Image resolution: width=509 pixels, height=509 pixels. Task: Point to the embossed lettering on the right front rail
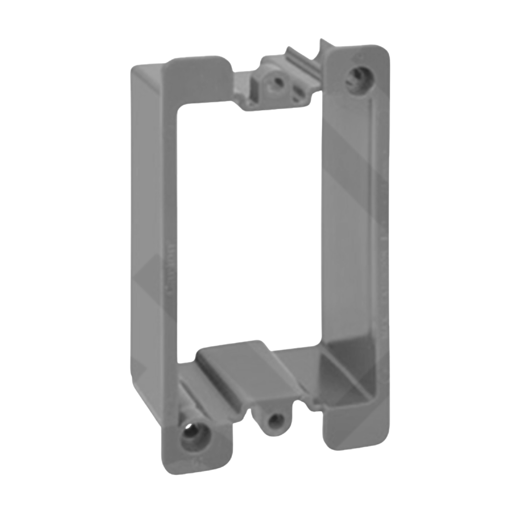380,278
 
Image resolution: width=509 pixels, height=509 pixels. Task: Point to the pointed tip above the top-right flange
324,43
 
